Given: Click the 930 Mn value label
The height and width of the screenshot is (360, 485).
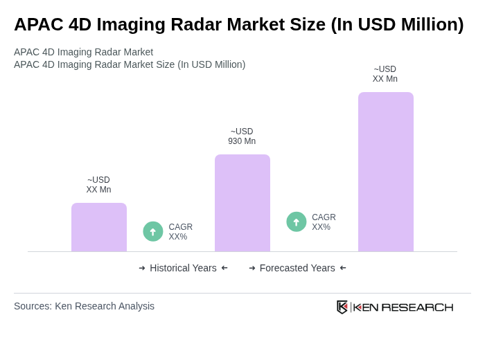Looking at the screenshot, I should (x=242, y=141).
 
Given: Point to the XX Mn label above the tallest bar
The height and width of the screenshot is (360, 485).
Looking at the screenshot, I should (x=385, y=79).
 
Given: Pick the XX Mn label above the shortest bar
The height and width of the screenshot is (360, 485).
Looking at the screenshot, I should (x=98, y=190).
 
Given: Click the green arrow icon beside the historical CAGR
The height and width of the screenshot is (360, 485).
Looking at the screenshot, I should (x=153, y=232).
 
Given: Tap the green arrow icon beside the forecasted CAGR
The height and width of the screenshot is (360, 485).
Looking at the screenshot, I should (x=297, y=222).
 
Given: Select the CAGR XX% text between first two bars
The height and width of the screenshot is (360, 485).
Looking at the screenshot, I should (x=180, y=232).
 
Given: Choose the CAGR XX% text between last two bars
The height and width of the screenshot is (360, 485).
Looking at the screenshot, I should (x=324, y=222).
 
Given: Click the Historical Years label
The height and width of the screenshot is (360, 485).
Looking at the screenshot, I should (x=183, y=268).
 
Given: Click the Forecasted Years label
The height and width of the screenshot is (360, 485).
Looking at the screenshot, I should (x=297, y=268).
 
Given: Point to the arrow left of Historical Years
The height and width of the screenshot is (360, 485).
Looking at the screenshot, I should (x=142, y=268).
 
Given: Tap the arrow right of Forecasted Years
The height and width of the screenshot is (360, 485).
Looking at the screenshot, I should (x=343, y=268).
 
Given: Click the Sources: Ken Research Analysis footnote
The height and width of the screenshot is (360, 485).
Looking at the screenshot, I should (x=84, y=306).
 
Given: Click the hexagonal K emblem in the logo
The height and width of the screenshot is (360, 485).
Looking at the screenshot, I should (x=342, y=307).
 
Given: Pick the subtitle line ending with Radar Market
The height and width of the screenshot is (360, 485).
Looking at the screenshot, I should (x=83, y=52).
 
